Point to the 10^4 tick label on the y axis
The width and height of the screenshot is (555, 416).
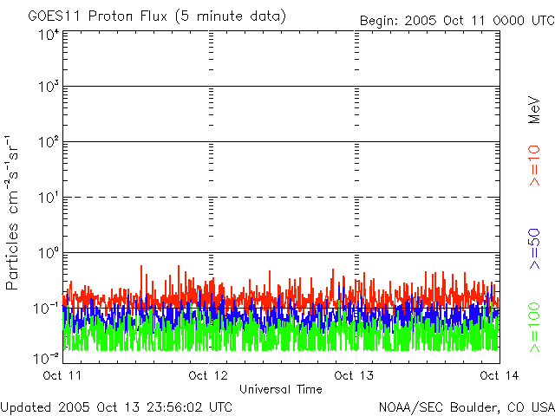coord(48,36)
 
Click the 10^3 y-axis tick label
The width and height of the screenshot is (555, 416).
coord(48,88)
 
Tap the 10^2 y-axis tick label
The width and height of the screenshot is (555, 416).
coord(48,142)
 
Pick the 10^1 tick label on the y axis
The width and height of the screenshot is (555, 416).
coord(48,198)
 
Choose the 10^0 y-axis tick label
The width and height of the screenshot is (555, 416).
coord(48,253)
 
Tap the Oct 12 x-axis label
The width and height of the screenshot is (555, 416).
coord(208,375)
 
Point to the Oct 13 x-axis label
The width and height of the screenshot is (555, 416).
coord(354,375)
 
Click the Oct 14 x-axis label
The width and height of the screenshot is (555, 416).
coord(497,375)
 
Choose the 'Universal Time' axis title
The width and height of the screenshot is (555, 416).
coord(280,389)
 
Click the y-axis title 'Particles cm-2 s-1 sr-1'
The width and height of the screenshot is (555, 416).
coord(13,212)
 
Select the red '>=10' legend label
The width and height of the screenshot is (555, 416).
coord(535,166)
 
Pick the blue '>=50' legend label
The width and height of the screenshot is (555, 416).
coord(535,247)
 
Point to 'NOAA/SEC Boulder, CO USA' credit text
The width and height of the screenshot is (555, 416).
coord(466,406)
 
